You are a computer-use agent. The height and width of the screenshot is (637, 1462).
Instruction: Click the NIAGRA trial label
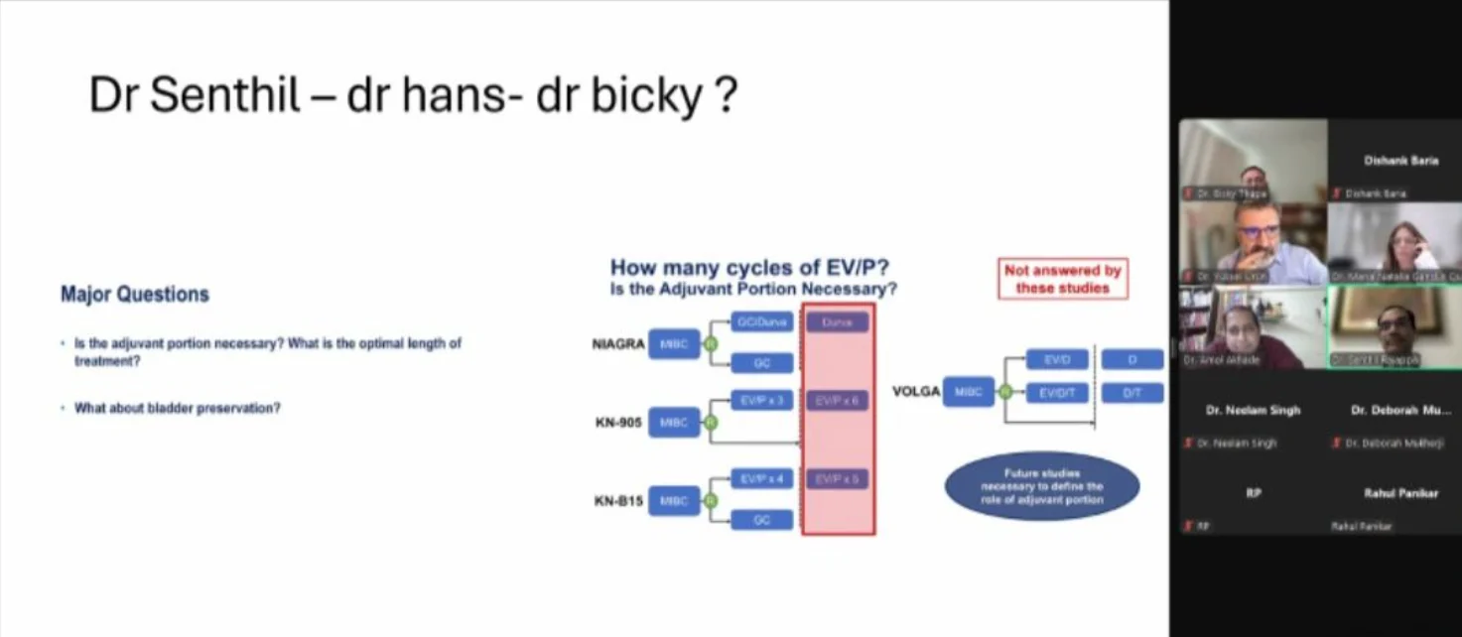618,344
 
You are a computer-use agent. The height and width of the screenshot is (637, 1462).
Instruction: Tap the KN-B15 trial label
619,501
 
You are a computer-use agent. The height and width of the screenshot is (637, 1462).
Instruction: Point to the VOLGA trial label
915,392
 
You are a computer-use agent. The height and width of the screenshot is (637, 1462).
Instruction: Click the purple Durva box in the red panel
838,322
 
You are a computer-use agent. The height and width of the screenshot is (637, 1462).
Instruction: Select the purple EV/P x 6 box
838,400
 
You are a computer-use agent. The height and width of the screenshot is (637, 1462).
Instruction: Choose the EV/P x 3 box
762,400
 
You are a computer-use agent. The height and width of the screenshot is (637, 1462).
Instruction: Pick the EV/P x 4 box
762,479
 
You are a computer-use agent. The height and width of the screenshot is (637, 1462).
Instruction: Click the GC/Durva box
762,322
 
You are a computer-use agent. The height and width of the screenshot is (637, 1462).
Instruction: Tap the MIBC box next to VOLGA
968,393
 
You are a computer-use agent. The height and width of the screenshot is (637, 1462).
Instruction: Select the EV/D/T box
1057,393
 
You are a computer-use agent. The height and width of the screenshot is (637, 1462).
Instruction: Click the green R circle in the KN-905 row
711,423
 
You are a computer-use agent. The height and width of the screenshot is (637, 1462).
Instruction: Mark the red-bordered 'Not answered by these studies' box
1062,279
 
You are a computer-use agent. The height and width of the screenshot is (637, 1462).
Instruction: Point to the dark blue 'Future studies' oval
1041,486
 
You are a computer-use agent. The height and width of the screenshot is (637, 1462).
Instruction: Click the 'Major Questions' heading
135,295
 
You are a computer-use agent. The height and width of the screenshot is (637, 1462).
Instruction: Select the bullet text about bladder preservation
178,408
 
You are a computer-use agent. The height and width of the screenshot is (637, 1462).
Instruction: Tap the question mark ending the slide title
726,95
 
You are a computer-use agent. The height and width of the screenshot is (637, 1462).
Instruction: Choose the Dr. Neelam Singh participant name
1253,410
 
